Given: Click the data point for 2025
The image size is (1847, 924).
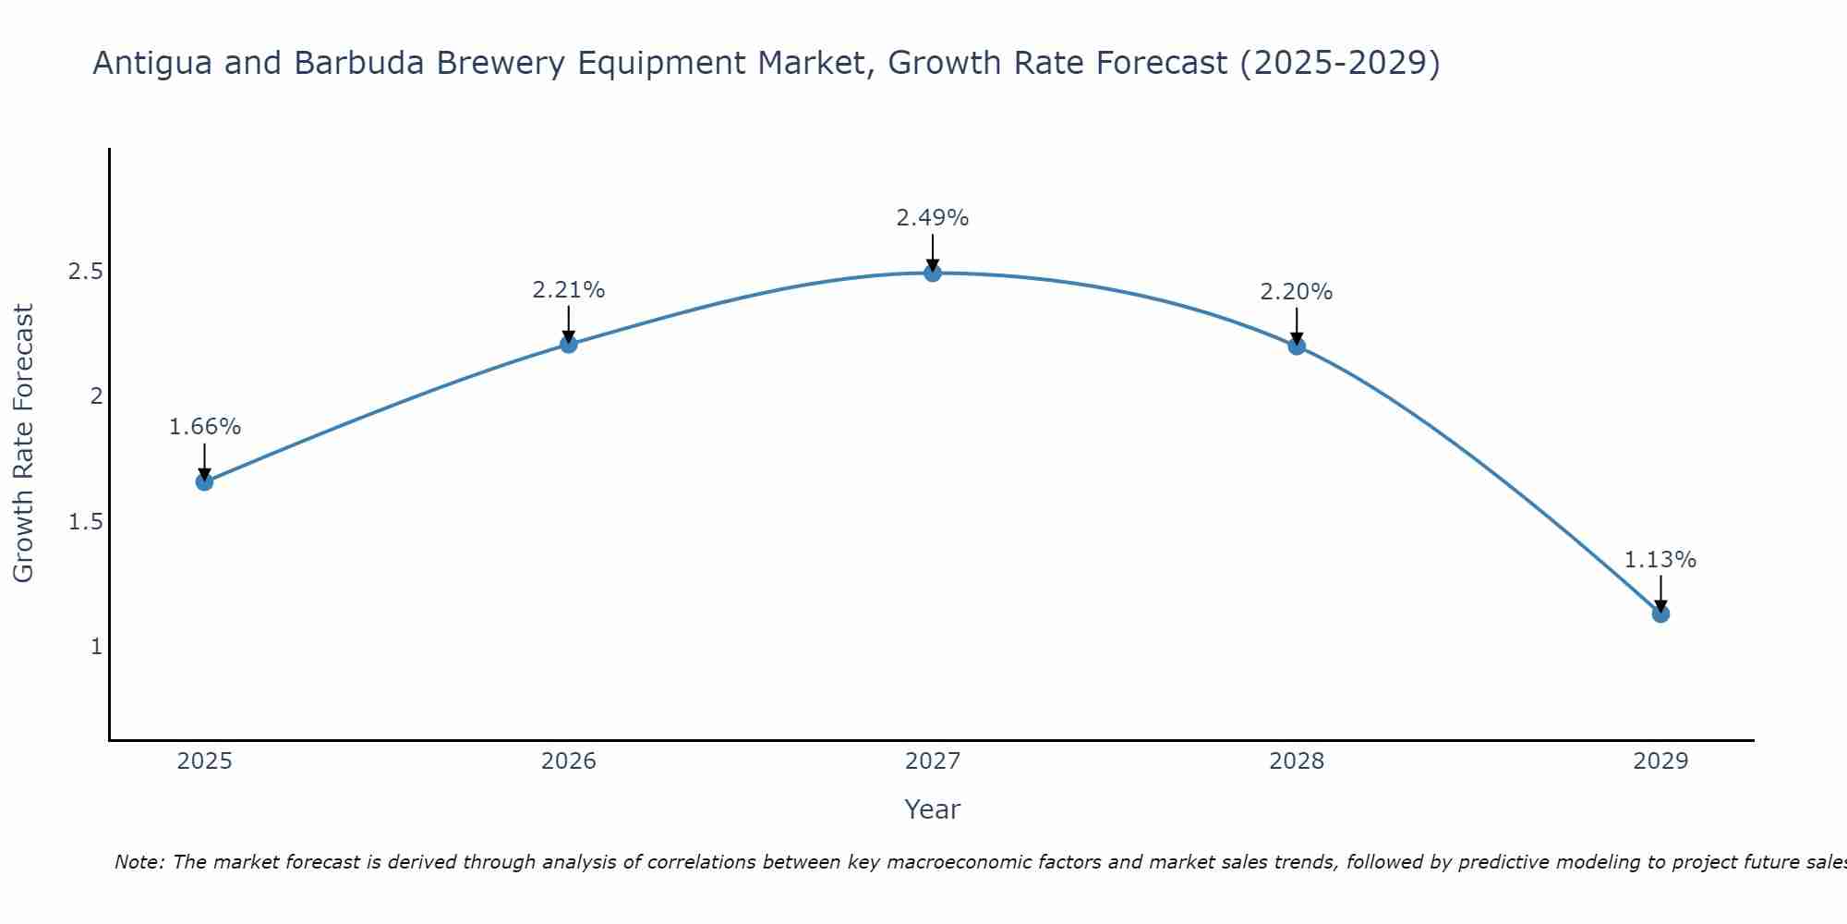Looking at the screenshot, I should (205, 481).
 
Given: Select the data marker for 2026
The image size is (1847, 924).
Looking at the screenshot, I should (569, 344).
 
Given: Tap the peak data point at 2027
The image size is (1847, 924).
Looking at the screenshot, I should (933, 273).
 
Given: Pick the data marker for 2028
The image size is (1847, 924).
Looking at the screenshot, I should (1297, 346).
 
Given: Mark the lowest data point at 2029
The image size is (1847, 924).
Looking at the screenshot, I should (1660, 614).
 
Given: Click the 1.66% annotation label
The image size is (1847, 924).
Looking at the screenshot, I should (205, 427).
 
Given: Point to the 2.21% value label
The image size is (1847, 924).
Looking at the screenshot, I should (569, 290).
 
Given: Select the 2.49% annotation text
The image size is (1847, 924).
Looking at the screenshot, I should (933, 218).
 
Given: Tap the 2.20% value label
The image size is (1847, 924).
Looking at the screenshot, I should (1297, 292).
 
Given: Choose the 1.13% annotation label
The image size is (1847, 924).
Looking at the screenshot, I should (1660, 560).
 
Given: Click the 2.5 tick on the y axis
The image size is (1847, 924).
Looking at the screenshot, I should (85, 272).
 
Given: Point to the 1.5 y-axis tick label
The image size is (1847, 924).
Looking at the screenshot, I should (85, 522).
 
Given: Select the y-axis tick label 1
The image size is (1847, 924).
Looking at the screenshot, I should (96, 647).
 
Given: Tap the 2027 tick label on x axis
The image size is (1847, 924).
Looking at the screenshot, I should (933, 761).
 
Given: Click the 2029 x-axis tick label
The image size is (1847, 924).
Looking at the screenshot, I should (1660, 761).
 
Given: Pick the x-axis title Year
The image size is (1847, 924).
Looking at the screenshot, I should (933, 809).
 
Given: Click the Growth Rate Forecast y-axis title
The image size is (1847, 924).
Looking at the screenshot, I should (23, 444).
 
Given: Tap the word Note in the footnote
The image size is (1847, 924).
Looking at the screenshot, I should (139, 862).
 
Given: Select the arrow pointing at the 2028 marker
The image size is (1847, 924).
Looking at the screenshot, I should (1297, 325).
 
